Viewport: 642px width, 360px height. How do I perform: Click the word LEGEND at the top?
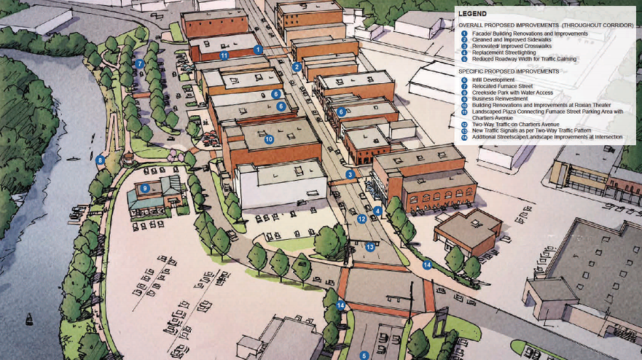476,13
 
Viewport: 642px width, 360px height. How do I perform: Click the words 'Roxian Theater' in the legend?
593,105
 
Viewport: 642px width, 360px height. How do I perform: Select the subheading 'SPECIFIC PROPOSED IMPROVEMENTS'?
508,71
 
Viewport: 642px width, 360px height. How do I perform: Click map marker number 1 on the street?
257,49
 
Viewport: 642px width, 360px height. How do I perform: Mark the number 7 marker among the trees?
139,63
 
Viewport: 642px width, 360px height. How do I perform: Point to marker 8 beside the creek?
100,160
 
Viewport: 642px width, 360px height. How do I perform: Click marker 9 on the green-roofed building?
144,188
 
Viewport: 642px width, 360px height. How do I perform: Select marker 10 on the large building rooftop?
269,139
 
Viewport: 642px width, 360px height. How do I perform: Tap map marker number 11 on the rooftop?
224,55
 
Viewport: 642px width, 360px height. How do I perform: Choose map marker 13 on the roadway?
370,247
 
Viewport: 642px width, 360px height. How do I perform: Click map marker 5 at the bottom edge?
364,355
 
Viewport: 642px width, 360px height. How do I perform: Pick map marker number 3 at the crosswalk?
350,174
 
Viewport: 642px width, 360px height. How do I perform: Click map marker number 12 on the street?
362,219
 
